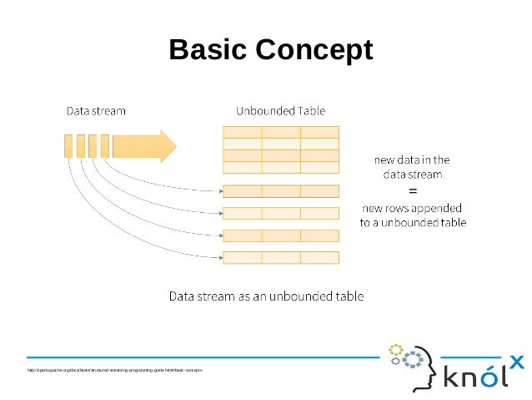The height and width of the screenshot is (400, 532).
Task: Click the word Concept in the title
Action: (x=313, y=50)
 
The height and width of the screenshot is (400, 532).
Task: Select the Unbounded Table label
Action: (x=281, y=110)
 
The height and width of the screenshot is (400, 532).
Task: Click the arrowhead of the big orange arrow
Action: (x=168, y=145)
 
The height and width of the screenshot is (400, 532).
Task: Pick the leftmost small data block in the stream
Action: (x=68, y=145)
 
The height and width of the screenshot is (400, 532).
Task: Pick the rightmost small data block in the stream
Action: (x=105, y=145)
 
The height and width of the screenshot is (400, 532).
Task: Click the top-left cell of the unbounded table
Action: (x=242, y=132)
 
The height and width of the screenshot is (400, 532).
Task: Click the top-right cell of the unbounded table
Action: (x=319, y=132)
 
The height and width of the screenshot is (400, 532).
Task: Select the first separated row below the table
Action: (x=281, y=190)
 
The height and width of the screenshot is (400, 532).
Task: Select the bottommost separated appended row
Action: (x=281, y=257)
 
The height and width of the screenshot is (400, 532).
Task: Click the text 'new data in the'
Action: (x=412, y=159)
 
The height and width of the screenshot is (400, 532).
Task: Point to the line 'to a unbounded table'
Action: (x=412, y=223)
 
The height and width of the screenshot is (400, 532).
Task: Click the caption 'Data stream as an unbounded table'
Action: (x=266, y=296)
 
